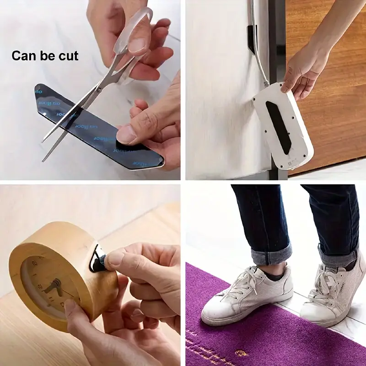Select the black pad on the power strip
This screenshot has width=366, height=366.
point(279,126)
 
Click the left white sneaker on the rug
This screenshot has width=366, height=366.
point(247,295)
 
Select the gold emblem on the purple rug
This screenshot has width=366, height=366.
point(238,352)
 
